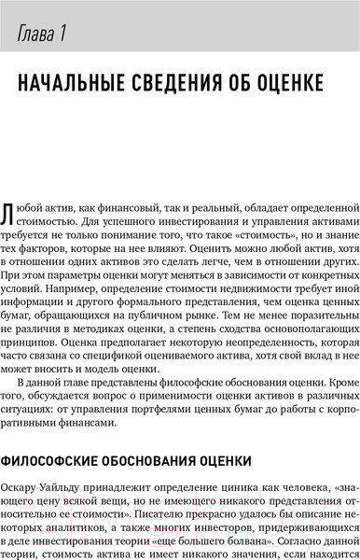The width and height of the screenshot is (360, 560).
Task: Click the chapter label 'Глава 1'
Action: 40,37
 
